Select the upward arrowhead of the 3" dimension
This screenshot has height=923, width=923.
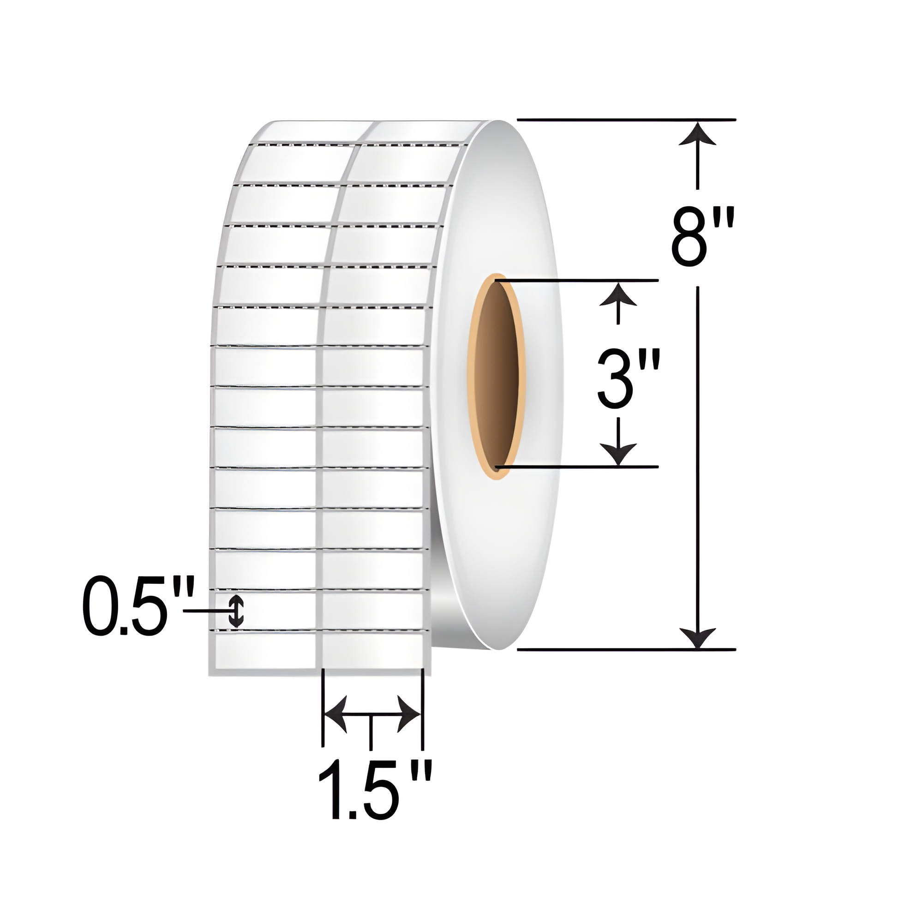point(619,293)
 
